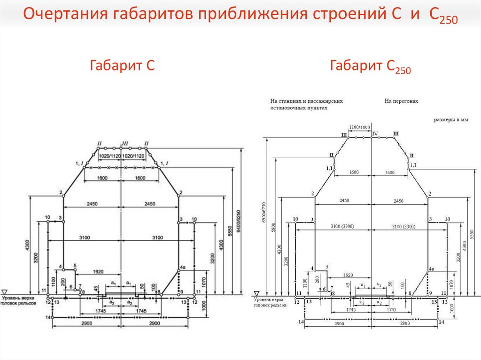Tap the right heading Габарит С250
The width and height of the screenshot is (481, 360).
371,67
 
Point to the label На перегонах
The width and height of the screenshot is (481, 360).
401,100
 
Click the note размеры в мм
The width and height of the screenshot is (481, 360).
451,120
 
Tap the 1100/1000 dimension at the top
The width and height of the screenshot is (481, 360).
359,127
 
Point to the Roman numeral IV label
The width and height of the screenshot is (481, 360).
375,134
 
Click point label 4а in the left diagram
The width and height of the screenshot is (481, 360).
183,271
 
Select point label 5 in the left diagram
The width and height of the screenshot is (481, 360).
75,266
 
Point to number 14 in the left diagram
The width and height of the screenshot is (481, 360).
48,318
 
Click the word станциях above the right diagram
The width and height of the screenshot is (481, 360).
294,100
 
